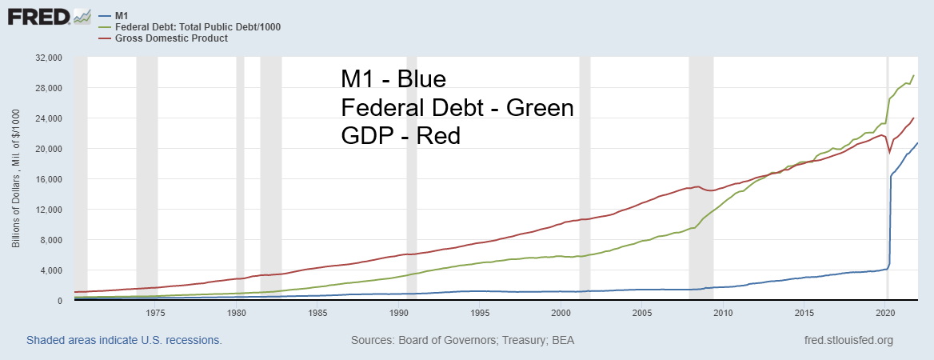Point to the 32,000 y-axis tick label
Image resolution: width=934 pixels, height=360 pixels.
point(47,58)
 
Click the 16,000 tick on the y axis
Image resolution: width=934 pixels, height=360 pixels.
point(47,180)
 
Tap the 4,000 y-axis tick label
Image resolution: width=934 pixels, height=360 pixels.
point(50,270)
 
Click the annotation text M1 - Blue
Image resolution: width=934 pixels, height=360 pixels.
point(393,80)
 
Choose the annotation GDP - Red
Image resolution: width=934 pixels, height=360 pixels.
point(400,136)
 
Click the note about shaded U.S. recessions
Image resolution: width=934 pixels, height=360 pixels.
point(124,340)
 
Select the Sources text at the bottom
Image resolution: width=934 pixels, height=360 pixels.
point(462,340)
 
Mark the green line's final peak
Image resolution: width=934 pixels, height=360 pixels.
point(913,76)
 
